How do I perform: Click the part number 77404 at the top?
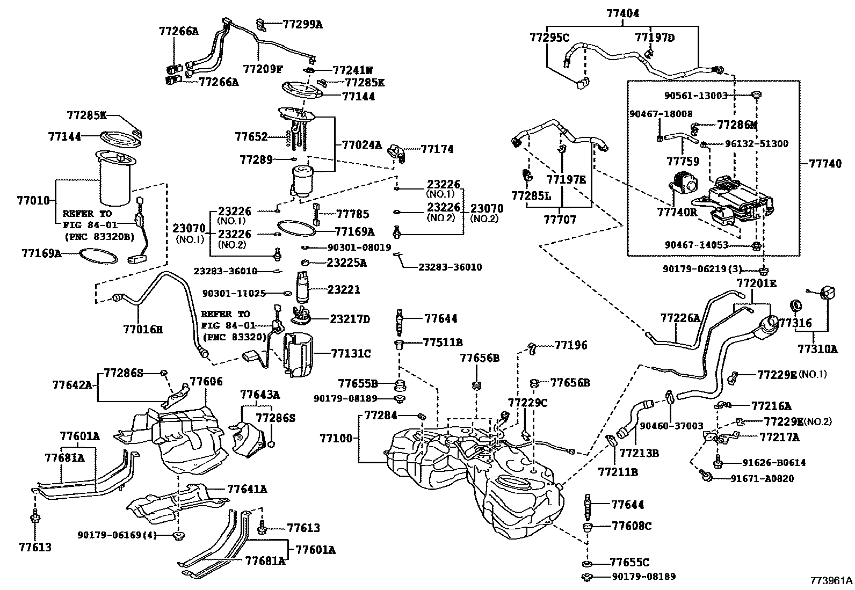[623, 13]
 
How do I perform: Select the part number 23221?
[344, 289]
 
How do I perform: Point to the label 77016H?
[142, 329]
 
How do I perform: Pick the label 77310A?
[817, 349]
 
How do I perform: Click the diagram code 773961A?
[831, 580]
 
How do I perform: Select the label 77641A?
[247, 489]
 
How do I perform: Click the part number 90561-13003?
[695, 96]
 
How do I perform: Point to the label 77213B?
[639, 453]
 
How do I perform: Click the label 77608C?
[631, 526]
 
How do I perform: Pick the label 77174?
[437, 149]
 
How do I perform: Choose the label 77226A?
[680, 318]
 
